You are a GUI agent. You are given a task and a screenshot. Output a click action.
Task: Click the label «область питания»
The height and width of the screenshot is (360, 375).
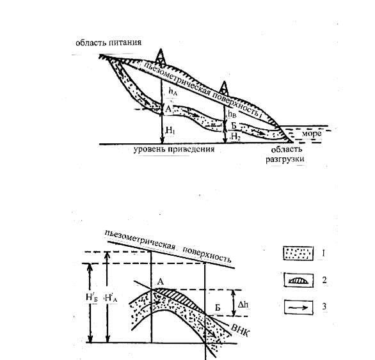pos(108,43)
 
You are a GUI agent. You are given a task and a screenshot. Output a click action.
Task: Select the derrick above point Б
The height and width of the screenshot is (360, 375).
pos(223,89)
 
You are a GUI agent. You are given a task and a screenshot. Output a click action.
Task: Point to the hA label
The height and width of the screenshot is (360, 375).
pos(173,91)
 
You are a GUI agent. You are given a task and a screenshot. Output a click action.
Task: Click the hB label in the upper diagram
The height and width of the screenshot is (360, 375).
pos(232,114)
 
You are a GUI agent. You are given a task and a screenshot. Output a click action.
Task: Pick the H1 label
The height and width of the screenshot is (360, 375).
pos(170,130)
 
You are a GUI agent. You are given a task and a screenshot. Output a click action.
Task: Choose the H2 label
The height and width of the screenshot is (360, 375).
pos(235,136)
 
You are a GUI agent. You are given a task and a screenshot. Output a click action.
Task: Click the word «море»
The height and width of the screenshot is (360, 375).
pos(311,134)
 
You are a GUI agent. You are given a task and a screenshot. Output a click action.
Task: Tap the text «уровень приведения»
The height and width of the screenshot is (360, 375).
pos(174,150)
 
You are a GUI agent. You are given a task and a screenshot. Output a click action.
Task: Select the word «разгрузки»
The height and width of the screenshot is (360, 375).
pos(285,159)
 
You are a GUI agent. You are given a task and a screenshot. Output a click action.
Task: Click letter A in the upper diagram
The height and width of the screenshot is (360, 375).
pos(168,109)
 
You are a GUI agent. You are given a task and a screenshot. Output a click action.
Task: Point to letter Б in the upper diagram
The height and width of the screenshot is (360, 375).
pos(234,125)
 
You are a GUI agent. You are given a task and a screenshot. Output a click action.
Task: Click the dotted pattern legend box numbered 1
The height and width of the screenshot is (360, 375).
pos(298,253)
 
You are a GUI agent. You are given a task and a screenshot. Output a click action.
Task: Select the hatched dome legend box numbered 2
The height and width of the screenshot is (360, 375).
pos(299,280)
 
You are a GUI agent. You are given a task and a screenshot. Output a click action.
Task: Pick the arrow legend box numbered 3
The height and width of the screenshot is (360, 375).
pos(299,307)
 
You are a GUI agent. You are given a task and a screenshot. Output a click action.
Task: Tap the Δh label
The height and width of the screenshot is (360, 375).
pos(243,304)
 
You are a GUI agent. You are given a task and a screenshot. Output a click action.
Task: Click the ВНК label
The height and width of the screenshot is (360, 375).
pos(240,330)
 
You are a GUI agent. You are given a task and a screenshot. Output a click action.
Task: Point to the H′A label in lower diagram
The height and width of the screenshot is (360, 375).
pos(111,298)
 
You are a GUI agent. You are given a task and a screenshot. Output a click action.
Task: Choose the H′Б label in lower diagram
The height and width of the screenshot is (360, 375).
pos(92,297)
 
